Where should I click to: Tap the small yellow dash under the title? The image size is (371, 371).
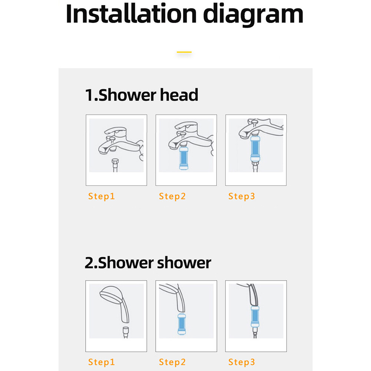coord(184,52)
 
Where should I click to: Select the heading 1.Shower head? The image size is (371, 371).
coord(142,95)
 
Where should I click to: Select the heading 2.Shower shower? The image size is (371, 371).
coord(148,263)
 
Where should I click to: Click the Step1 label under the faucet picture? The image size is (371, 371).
coord(102,196)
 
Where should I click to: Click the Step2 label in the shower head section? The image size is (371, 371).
coord(172,196)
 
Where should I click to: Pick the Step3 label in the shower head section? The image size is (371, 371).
coord(242,196)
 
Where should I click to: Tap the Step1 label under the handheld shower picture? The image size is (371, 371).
coord(102,362)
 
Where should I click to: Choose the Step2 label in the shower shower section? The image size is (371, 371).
coord(172,362)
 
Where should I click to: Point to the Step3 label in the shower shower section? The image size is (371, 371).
coord(242,362)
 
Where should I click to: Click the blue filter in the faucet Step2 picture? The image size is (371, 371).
coord(184,158)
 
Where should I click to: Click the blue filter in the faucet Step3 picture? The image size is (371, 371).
coord(255,146)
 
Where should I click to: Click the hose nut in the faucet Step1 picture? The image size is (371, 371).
coord(115,162)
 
